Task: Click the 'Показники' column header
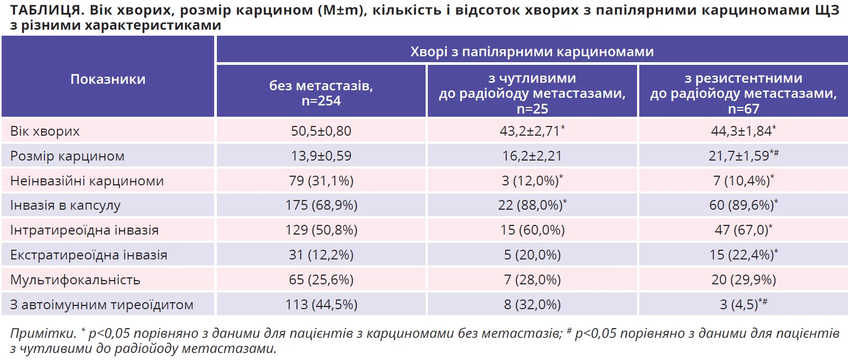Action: [108, 79]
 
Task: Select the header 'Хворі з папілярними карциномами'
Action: [532, 51]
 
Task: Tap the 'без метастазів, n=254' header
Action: [321, 92]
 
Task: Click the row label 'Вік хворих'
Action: [45, 131]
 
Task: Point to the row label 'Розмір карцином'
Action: [67, 156]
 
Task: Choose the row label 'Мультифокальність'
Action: [75, 280]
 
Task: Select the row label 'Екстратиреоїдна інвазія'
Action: [89, 255]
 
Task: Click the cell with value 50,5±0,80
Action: [321, 131]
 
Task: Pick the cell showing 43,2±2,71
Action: [532, 131]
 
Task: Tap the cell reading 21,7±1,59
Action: [741, 156]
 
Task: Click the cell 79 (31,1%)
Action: [321, 181]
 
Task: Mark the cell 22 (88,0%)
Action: [532, 206]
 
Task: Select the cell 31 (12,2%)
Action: [321, 255]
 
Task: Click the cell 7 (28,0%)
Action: [532, 280]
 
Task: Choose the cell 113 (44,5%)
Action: [321, 305]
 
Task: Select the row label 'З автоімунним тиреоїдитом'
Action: [102, 305]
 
